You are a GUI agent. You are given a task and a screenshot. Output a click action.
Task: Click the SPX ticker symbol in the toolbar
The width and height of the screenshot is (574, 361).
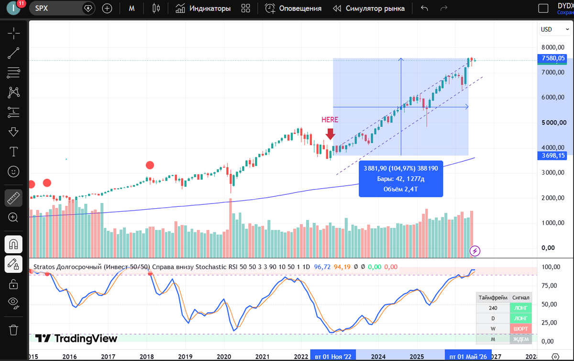(42, 8)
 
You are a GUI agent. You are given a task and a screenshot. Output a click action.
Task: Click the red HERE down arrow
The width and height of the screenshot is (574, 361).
(331, 134)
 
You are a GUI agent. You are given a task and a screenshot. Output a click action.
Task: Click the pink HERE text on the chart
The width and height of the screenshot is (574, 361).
(330, 120)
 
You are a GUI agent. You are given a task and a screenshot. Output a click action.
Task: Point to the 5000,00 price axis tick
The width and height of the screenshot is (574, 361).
(553, 123)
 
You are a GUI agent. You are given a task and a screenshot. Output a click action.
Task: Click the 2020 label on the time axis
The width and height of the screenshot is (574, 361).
(224, 357)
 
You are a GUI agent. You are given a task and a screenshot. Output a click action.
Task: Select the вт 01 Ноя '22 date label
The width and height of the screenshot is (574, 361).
(333, 357)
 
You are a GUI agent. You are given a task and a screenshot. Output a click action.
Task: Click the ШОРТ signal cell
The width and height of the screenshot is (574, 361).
(521, 328)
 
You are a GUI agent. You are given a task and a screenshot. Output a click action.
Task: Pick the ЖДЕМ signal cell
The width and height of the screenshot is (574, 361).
(521, 339)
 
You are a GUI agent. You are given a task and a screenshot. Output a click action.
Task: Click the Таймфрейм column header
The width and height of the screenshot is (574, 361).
(493, 298)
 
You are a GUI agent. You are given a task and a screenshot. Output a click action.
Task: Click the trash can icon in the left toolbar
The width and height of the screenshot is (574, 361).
(13, 330)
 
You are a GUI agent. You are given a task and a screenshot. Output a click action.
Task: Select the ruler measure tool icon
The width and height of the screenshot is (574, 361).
(13, 198)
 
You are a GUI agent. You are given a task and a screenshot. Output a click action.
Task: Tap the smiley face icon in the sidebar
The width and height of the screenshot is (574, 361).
(13, 171)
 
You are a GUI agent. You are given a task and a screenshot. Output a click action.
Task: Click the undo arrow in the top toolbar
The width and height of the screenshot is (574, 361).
(424, 8)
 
